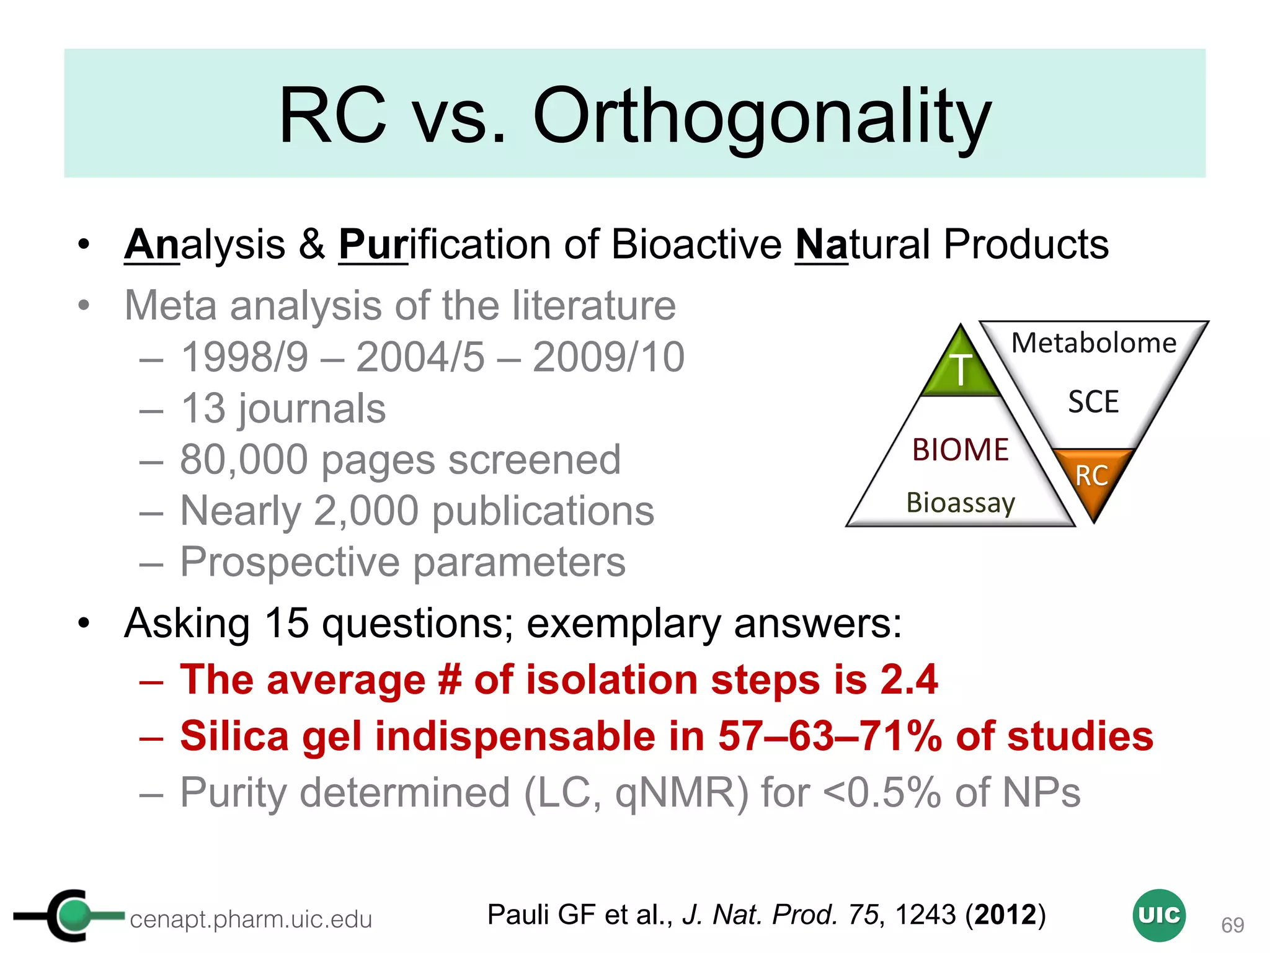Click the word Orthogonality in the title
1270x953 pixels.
point(762,117)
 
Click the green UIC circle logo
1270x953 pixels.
point(1158,915)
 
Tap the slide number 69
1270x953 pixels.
point(1232,925)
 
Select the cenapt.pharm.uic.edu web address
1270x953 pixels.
point(251,919)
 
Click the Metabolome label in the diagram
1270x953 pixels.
point(1093,343)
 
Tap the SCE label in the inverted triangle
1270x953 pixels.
point(1093,402)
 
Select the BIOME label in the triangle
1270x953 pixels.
point(960,450)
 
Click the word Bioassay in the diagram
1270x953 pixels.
point(960,503)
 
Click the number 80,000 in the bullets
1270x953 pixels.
point(244,460)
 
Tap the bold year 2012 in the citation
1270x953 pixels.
point(1005,915)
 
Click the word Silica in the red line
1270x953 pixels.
point(234,736)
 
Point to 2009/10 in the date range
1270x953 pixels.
point(608,357)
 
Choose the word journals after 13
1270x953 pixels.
point(312,409)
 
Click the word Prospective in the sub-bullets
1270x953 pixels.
point(290,562)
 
